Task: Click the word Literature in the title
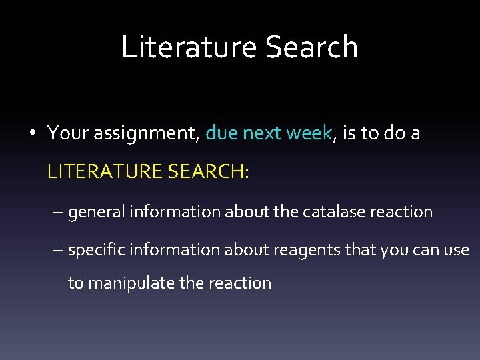[189, 47]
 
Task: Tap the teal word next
[262, 134]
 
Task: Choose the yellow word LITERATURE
[105, 172]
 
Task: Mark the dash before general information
[59, 213]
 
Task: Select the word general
[97, 213]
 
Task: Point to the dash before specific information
[59, 250]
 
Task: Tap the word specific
[97, 250]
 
